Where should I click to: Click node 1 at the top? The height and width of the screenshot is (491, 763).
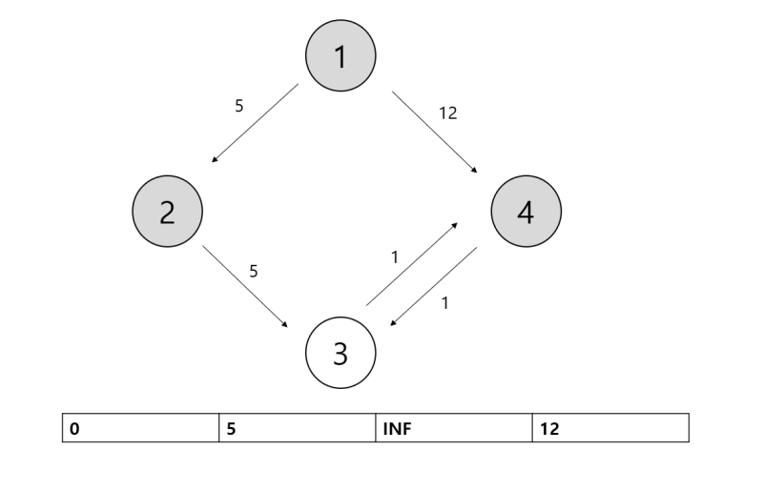tap(340, 56)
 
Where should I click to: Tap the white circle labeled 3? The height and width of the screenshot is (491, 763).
tap(340, 354)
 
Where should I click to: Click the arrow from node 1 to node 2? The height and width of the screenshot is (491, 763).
tap(255, 123)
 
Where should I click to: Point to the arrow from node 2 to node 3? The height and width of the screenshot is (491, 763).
tap(245, 286)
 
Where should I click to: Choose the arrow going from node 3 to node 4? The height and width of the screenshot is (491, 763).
tap(412, 265)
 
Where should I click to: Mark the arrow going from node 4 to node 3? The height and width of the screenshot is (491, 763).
tap(434, 286)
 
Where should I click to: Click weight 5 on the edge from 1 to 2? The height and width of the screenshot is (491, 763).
tap(239, 106)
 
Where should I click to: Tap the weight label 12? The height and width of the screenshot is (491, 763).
tap(448, 113)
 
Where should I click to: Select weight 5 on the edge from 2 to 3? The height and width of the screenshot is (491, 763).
tap(253, 271)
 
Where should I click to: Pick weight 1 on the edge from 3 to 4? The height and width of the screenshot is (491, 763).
tap(395, 257)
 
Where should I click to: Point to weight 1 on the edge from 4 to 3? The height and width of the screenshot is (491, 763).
tap(444, 304)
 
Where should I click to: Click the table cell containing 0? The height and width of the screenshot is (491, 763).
tap(141, 428)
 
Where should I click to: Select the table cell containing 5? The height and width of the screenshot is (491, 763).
tap(298, 428)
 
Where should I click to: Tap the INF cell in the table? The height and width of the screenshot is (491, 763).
tap(454, 428)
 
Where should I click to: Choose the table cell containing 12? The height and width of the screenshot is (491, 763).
tap(610, 428)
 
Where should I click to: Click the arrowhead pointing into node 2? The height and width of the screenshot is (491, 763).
tap(215, 160)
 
